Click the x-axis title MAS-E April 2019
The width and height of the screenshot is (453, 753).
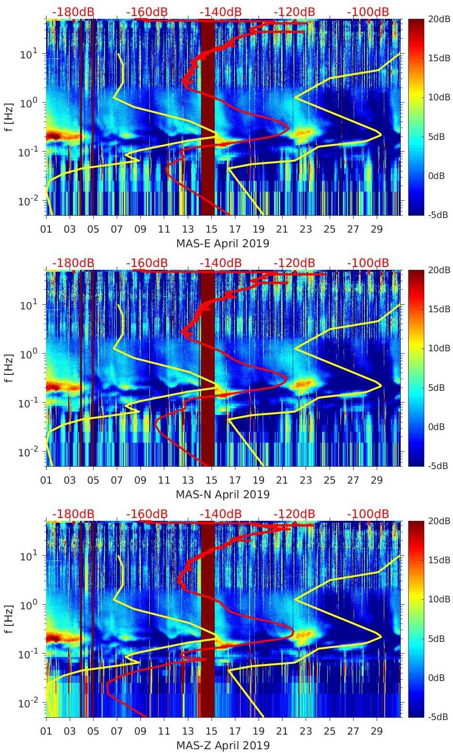click(x=223, y=243)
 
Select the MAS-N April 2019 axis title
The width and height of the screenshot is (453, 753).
click(x=223, y=494)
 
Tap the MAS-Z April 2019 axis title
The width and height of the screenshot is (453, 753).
click(x=223, y=745)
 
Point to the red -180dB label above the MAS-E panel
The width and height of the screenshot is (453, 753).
click(x=73, y=12)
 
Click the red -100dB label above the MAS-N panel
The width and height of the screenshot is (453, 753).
click(x=368, y=263)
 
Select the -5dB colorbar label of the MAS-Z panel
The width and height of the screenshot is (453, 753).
click(x=427, y=717)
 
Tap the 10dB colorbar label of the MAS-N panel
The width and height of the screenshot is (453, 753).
click(x=427, y=348)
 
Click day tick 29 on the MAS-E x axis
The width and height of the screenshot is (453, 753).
click(x=377, y=229)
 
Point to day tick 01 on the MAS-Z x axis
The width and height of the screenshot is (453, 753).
click(x=46, y=731)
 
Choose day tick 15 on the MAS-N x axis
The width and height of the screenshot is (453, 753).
click(x=211, y=480)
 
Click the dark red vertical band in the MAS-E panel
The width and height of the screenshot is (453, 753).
click(x=208, y=118)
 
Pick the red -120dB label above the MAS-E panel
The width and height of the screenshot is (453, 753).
click(x=294, y=12)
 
